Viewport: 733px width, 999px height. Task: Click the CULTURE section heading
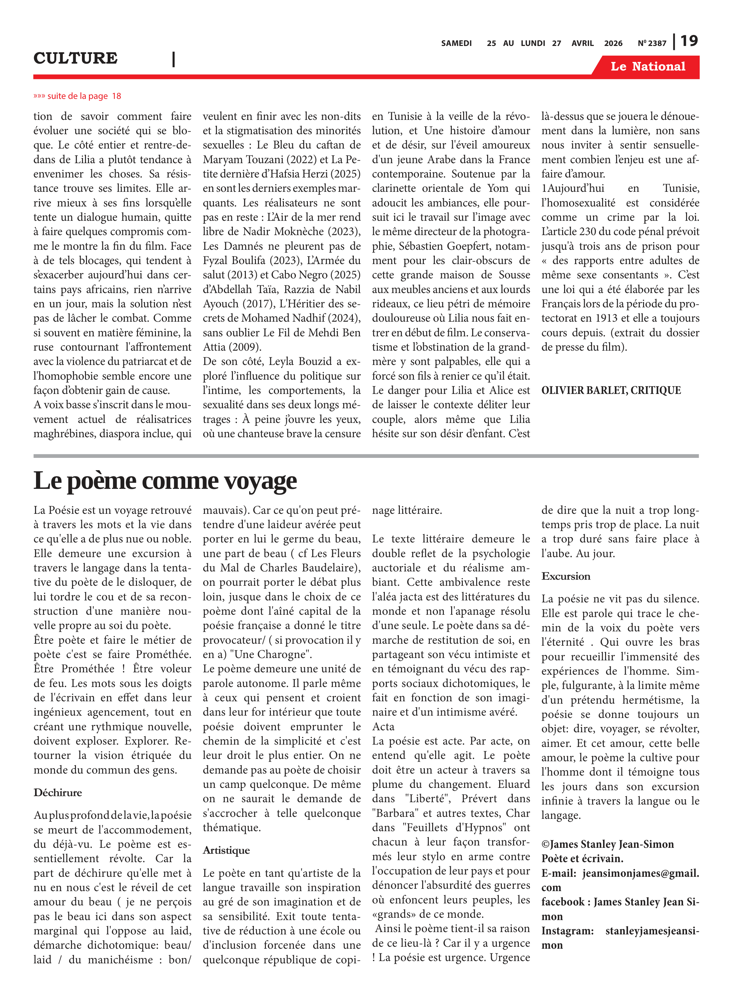click(x=75, y=58)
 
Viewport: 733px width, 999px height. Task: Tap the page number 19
click(x=689, y=41)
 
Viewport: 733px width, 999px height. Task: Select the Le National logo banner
click(x=648, y=67)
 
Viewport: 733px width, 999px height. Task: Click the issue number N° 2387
click(x=652, y=43)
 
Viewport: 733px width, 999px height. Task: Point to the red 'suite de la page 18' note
click(x=77, y=96)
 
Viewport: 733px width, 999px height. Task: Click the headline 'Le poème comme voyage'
click(x=165, y=481)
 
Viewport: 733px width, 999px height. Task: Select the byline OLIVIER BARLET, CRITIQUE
click(x=611, y=391)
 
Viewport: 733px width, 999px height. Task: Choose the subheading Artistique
click(x=226, y=850)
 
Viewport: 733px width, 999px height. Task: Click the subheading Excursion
click(x=566, y=576)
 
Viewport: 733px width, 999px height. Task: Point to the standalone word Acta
click(x=383, y=727)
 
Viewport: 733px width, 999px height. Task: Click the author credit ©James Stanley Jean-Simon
click(x=607, y=844)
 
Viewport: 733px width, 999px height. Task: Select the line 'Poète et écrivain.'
click(x=582, y=859)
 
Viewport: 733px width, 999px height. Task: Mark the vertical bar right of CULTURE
click(x=174, y=59)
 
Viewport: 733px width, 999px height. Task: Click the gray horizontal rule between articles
click(x=366, y=456)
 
